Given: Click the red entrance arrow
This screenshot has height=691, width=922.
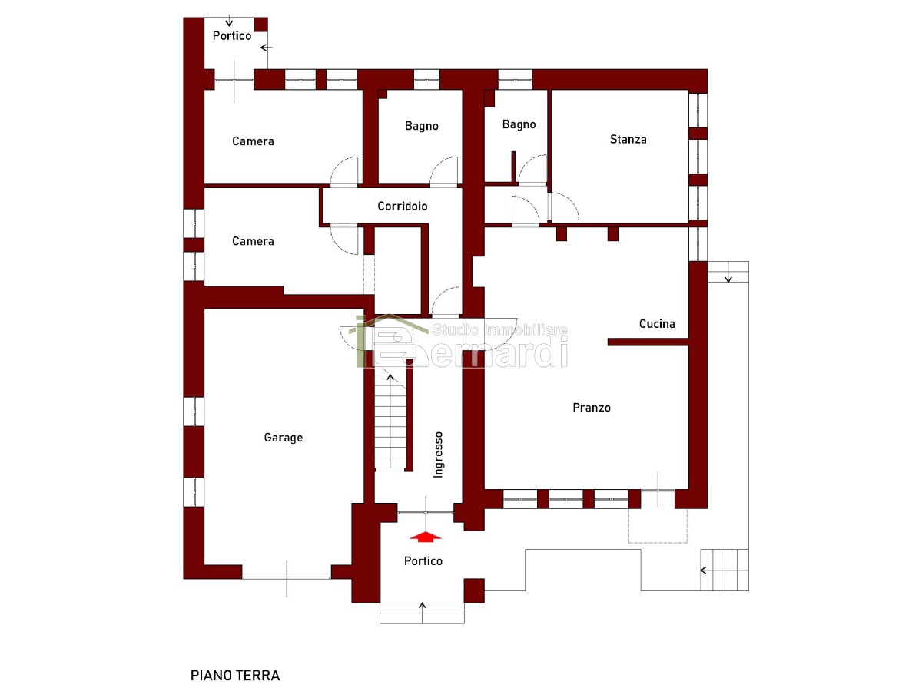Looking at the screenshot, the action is point(426,537).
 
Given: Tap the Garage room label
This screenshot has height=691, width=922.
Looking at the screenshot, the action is point(283,438).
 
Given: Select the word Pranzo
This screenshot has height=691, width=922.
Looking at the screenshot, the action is point(592,408).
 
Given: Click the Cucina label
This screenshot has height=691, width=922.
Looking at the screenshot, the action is point(657,323).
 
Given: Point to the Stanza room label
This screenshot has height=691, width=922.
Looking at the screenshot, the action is point(628,139).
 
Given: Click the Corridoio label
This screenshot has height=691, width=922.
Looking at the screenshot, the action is point(403,206).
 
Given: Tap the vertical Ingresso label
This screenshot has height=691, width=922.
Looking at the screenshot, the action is point(438,455).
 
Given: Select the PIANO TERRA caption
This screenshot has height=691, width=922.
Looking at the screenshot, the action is point(235,676).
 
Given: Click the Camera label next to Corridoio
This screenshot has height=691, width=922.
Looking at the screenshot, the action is point(253,241).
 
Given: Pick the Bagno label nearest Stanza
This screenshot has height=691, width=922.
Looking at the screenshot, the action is point(519,124).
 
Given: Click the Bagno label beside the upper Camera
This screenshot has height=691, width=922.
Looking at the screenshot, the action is point(421,126).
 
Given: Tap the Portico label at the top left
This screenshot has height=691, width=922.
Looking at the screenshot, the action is point(232,35).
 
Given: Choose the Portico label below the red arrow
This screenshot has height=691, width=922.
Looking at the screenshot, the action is point(423,561).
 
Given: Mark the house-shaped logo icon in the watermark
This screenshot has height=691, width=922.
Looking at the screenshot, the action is point(384,341).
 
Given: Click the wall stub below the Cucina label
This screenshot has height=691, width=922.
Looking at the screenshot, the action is point(648,342).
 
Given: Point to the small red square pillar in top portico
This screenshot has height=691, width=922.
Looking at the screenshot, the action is point(260,24).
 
